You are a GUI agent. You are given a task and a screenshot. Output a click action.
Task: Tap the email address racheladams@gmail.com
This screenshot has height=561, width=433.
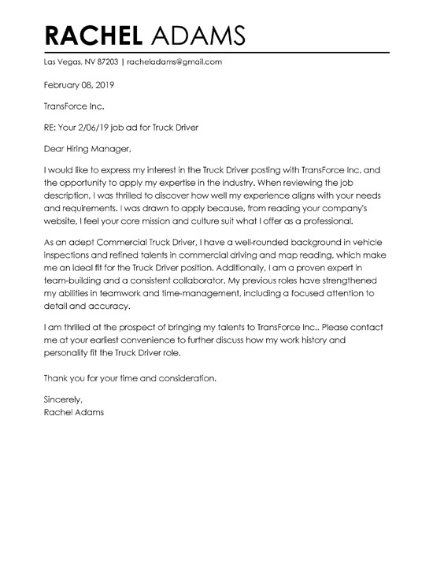[171, 61]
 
